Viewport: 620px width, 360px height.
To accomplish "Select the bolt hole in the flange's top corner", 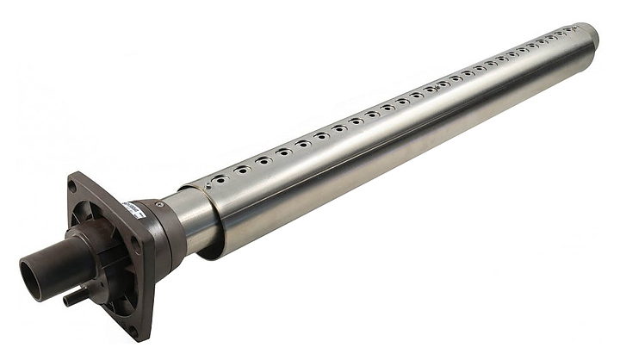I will tap(74, 184).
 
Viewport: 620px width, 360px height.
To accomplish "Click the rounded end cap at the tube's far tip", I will tap(589, 40).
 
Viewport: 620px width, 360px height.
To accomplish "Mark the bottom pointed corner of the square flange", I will tap(146, 338).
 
